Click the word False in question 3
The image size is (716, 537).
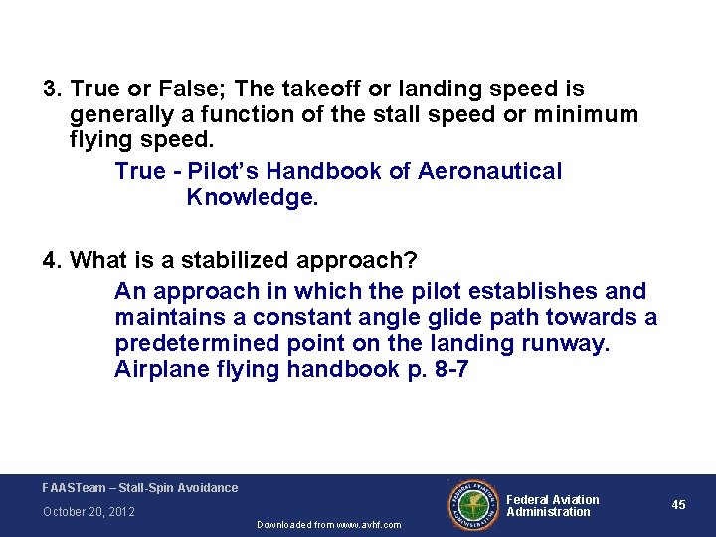click(173, 90)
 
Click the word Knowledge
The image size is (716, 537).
click(253, 197)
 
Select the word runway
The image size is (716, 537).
click(564, 344)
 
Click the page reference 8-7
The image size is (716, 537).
click(448, 370)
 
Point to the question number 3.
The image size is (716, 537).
click(50, 90)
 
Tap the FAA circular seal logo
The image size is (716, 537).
click(474, 505)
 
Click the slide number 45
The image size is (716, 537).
click(678, 505)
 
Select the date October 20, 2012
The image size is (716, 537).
click(89, 512)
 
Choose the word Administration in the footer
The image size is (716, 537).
click(549, 512)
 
